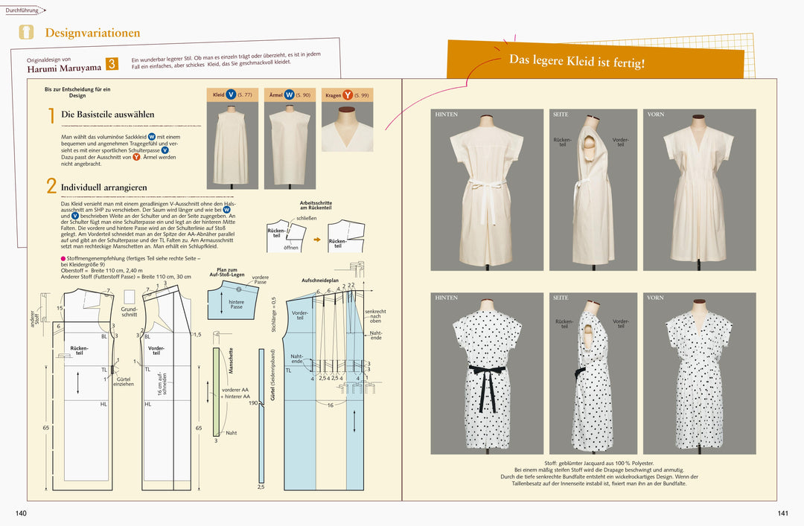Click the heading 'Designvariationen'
[x=92, y=33]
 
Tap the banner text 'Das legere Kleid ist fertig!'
[x=577, y=62]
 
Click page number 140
[x=21, y=513]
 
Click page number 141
[x=782, y=513]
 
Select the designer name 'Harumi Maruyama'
[x=65, y=67]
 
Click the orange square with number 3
[x=112, y=64]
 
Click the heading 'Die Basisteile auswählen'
[x=107, y=115]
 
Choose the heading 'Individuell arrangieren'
[x=103, y=187]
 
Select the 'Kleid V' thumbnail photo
[x=232, y=145]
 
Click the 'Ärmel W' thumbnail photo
[x=290, y=145]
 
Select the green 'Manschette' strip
[x=217, y=391]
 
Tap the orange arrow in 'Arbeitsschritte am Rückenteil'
[x=316, y=240]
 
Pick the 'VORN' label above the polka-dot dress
[x=655, y=298]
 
